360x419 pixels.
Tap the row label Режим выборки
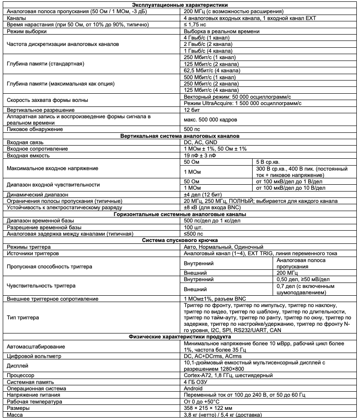pyautogui.click(x=27, y=31)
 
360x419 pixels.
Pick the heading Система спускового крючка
pyautogui.click(x=180, y=240)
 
